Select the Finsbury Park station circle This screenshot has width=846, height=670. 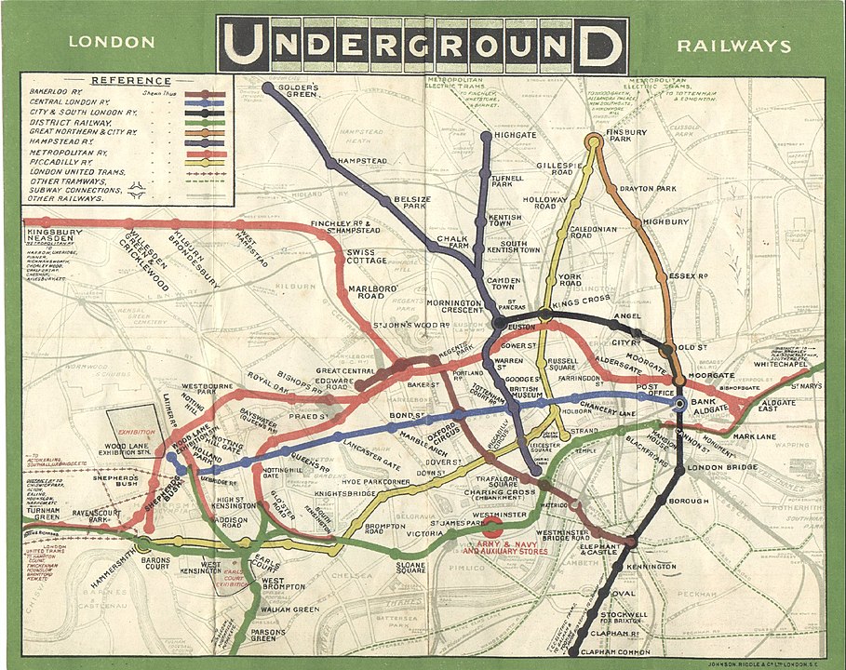click(x=593, y=141)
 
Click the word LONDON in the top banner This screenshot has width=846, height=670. click(x=112, y=43)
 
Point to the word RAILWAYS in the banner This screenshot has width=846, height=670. click(x=734, y=46)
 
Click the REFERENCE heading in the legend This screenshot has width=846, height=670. click(x=128, y=80)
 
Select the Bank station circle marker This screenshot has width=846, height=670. click(x=680, y=404)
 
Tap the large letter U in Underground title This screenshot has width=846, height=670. click(x=243, y=45)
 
